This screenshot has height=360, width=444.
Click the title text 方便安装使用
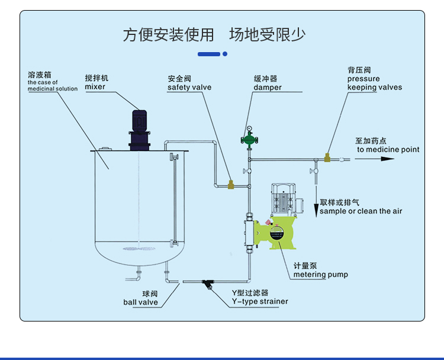[x=168, y=34]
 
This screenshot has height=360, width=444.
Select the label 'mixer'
[x=95, y=87]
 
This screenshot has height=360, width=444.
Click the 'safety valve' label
[x=189, y=87]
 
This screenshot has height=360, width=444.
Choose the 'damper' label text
[x=268, y=88]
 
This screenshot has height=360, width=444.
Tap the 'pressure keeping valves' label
[x=374, y=83]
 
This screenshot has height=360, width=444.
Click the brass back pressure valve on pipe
[x=327, y=157]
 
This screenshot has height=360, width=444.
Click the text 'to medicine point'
[x=388, y=149]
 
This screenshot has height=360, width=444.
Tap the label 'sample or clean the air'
[x=361, y=211]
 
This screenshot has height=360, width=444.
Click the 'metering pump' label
[x=320, y=274]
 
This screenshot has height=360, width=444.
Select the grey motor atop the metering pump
[x=282, y=198]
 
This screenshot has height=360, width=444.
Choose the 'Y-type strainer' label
[x=259, y=301]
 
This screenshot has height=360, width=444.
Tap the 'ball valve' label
[x=140, y=302]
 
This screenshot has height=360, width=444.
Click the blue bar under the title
[x=208, y=54]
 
